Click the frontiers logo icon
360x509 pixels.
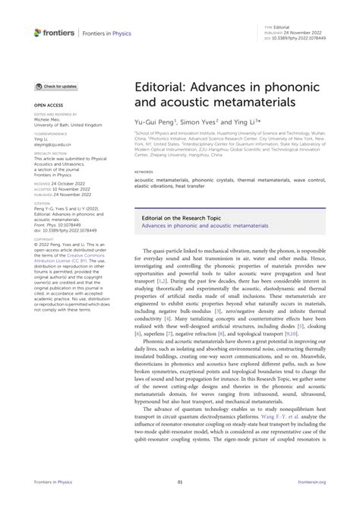(38, 32)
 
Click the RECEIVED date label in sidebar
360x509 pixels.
(43, 183)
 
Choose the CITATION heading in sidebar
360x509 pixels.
(42, 203)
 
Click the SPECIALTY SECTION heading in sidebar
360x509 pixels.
(48, 153)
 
